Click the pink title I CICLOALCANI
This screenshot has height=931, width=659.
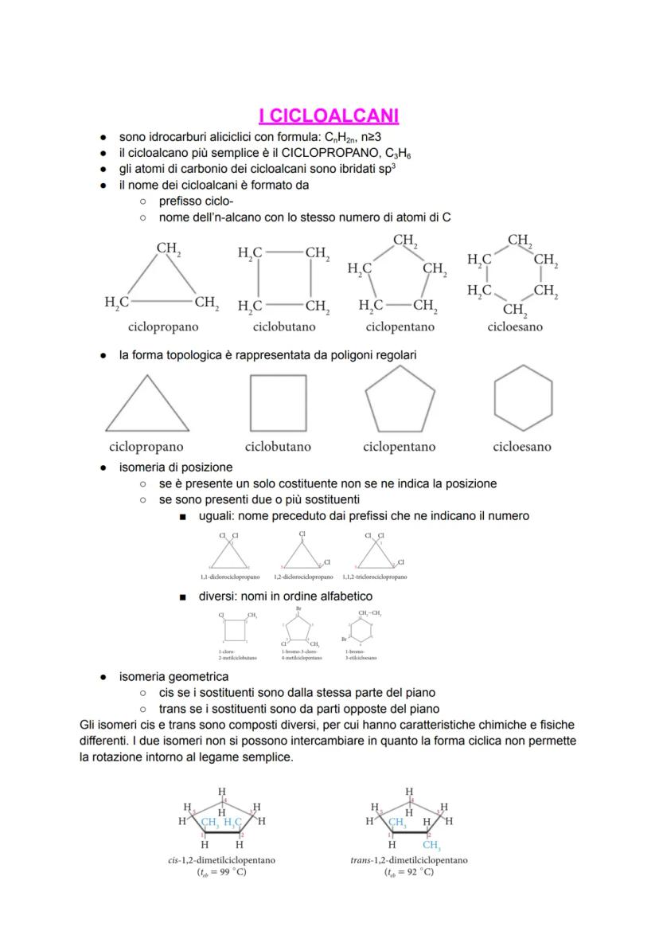tap(329, 116)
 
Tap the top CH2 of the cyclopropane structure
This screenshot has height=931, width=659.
tap(168, 248)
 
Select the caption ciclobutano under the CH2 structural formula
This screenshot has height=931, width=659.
tap(284, 327)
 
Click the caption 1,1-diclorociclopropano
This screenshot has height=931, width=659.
tap(230, 577)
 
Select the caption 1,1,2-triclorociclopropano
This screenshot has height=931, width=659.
tap(375, 577)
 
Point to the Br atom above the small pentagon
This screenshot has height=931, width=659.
tap(298, 608)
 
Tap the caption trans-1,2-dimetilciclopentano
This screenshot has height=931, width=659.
tap(409, 860)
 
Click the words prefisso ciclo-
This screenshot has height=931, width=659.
tap(196, 201)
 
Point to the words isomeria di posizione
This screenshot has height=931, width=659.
tap(176, 467)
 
